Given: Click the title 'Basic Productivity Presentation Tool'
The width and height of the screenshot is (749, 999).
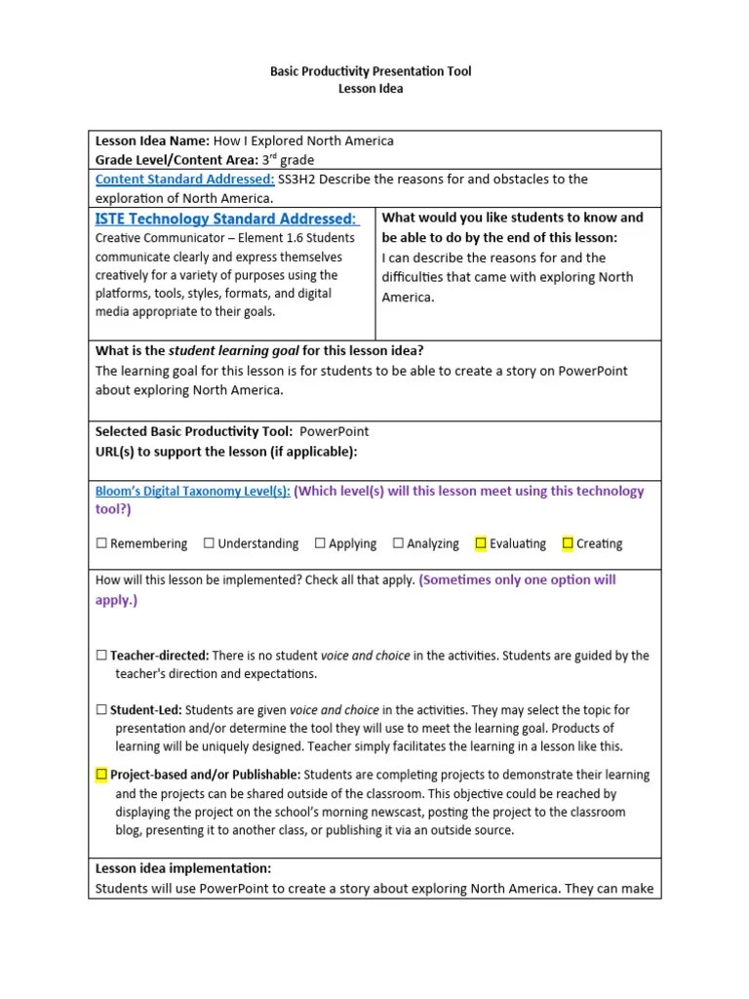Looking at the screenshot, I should pos(370,72).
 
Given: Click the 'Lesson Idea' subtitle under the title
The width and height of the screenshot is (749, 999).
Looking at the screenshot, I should pos(370,89).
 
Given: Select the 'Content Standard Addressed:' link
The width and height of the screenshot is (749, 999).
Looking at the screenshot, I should pos(184,180).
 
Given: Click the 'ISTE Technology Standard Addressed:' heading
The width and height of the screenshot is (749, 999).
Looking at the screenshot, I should pos(227,219).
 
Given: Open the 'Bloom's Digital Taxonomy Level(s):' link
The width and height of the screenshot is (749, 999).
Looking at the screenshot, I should pos(192,492).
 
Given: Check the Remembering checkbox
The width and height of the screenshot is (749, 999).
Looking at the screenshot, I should pos(101,543).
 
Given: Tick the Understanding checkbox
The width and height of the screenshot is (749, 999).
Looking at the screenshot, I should pos(209,543).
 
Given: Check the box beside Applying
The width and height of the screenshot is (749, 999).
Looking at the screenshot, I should pos(320,543).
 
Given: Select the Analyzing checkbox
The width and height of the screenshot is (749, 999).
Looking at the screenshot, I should pos(398,543).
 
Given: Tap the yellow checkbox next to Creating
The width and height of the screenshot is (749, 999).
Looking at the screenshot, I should pos(568,543).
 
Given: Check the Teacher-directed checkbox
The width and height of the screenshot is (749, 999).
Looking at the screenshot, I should pos(101,657).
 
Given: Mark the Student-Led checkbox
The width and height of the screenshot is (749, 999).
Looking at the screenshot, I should pos(101,710).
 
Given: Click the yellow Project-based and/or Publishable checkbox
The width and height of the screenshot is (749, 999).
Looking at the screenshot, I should pos(101,775).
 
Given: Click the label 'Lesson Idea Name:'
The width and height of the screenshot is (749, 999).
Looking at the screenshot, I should pos(152,141).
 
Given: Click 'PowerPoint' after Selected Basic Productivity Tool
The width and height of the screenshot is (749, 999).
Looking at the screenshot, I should pos(334,431).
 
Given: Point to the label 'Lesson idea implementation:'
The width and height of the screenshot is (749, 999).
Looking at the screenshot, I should pos(183,868).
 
